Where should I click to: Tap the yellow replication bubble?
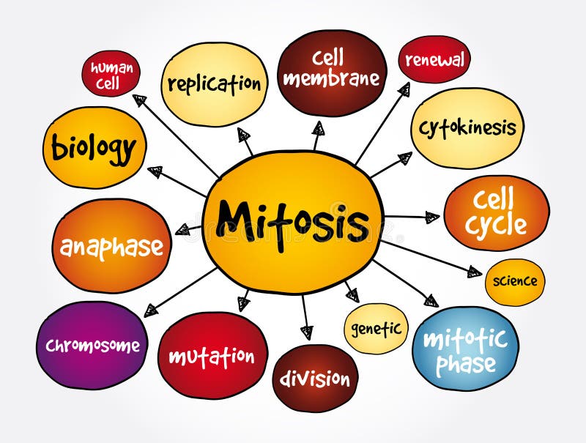pos(214,83)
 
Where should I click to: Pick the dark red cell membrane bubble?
pos(332,72)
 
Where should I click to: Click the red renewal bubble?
pos(434,59)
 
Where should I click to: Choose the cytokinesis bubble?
pos(467,128)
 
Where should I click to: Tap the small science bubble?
pos(515,281)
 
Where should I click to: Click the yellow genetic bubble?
pos(376,329)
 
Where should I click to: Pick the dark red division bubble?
pos(315,379)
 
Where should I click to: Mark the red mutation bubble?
pos(212,357)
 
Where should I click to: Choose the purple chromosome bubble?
pos(92,345)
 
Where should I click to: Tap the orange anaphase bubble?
pos(111,245)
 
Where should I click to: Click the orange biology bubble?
pos(94,148)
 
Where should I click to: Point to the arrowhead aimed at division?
pos(307,332)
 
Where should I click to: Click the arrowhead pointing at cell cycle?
pos(432,217)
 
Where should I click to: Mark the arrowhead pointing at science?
pos(474,272)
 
